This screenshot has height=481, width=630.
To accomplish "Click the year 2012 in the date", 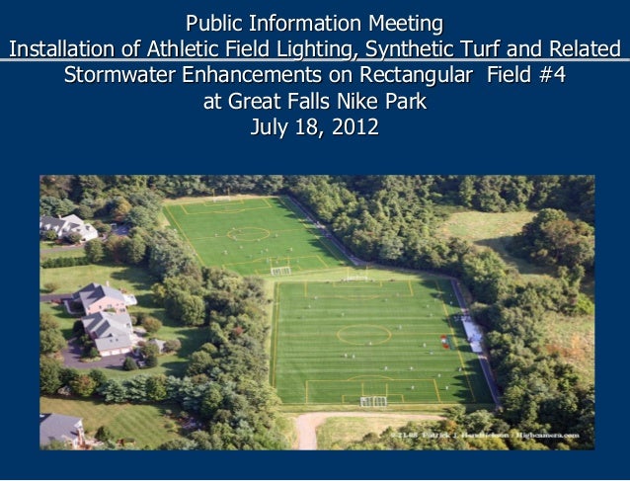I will point(353,127).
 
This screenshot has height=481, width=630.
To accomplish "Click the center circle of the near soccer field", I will point(363,335).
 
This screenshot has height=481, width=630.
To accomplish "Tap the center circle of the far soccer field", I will point(248,234).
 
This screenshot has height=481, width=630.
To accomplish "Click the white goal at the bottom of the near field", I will point(373,401).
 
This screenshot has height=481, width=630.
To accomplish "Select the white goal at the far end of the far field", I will point(222,198).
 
